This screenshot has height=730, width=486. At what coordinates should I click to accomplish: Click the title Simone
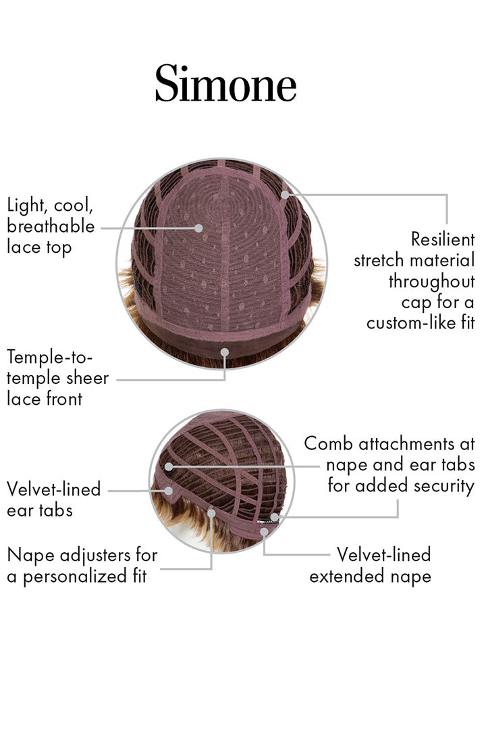[x=225, y=84]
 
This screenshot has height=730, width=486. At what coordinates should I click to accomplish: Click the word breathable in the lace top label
[x=51, y=226]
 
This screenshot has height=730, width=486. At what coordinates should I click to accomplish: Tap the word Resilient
[x=443, y=239]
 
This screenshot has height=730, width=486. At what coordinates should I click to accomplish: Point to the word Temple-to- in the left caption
[x=50, y=356]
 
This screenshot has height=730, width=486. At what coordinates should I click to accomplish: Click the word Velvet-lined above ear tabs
[x=53, y=489]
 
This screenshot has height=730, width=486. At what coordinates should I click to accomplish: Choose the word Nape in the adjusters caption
[x=28, y=555]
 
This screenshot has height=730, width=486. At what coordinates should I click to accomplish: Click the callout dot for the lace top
[x=198, y=228]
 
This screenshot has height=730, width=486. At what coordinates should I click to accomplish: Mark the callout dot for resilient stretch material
[x=286, y=194]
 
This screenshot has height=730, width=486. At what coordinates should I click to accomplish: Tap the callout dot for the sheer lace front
[x=225, y=351]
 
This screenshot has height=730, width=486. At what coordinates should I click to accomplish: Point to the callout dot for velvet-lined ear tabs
[x=168, y=490]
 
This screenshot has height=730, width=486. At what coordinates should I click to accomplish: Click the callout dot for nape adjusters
[x=211, y=513]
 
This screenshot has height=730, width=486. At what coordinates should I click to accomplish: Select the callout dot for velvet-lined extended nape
[x=264, y=531]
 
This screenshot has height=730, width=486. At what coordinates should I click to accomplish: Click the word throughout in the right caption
[x=431, y=281]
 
